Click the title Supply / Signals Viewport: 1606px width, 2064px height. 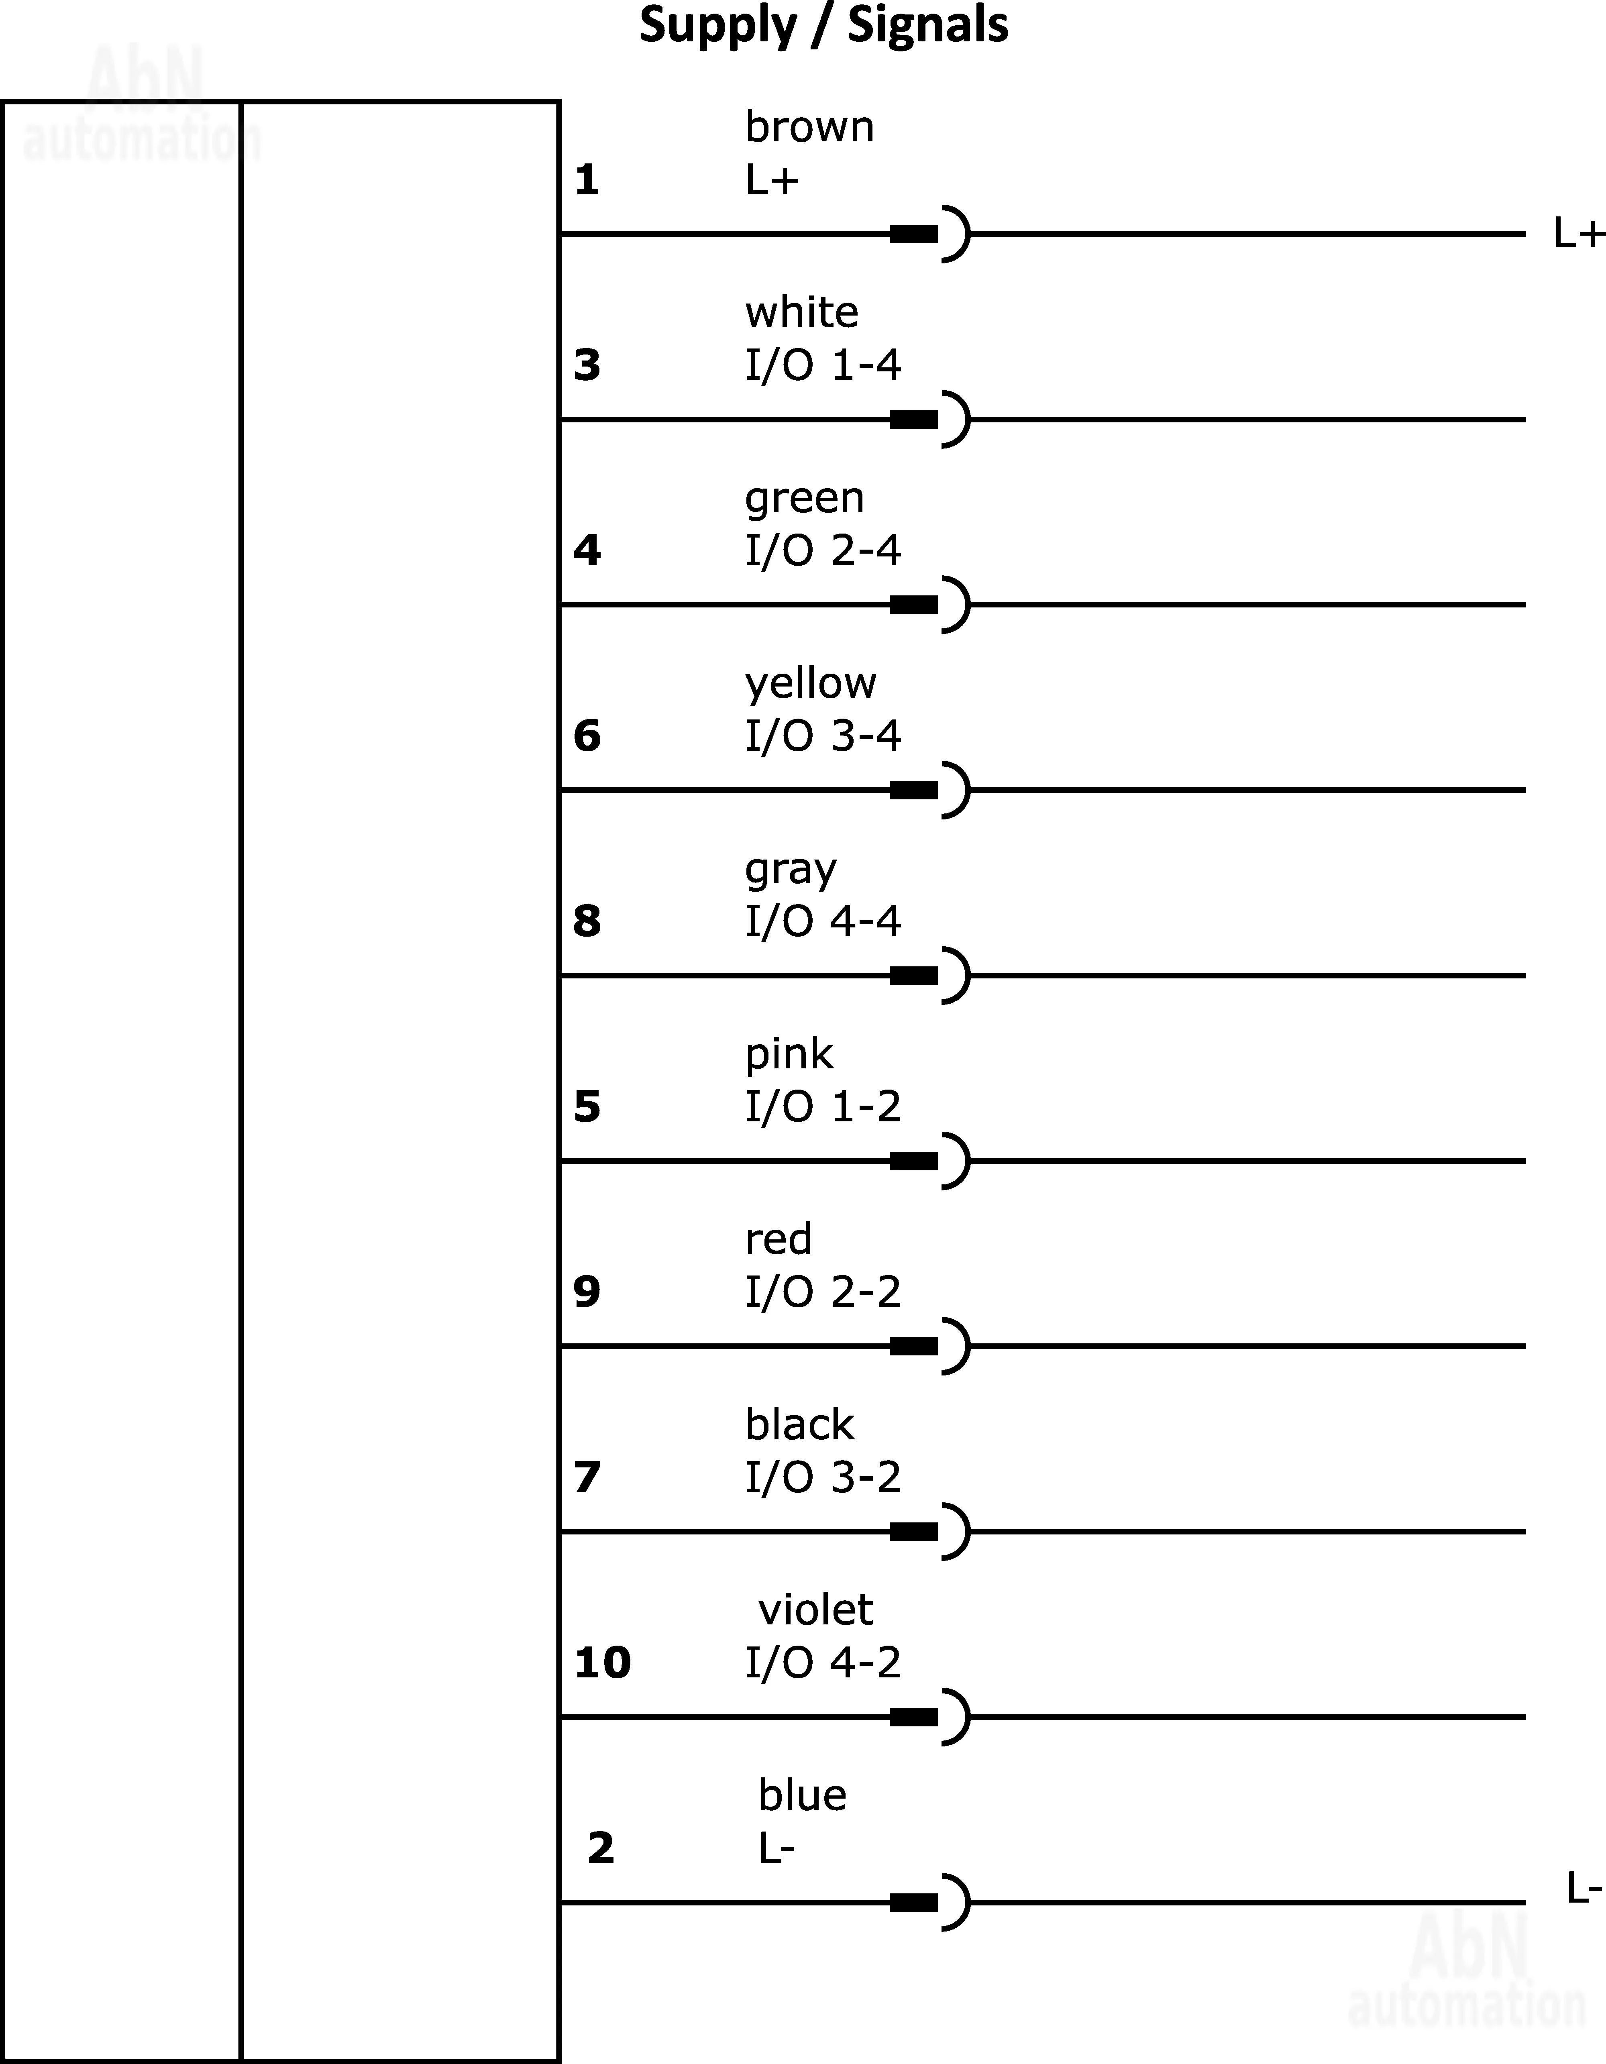(x=823, y=26)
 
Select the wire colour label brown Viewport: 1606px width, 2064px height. (x=809, y=126)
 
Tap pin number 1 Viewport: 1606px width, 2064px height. (x=586, y=179)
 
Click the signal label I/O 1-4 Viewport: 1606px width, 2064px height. (x=822, y=365)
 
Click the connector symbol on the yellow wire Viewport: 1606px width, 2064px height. (x=930, y=789)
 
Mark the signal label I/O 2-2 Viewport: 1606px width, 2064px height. (x=822, y=1292)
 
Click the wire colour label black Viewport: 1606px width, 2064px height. (x=799, y=1424)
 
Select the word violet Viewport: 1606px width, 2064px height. (x=815, y=1610)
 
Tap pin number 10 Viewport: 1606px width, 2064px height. (x=602, y=1663)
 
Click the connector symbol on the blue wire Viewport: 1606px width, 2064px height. (x=930, y=1901)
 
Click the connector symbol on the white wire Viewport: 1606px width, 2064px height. (x=930, y=419)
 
